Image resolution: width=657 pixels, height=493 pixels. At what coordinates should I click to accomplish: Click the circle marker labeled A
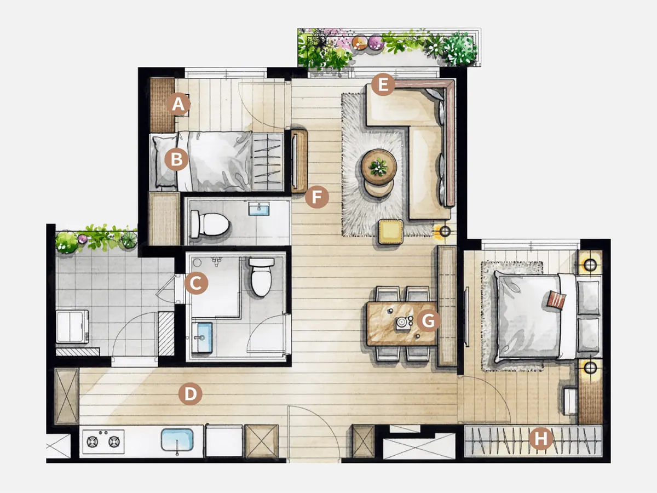coord(178,105)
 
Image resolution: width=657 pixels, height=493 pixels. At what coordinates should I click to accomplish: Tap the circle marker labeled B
coord(177,159)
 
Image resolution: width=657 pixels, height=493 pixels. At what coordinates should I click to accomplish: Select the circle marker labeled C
coord(196,283)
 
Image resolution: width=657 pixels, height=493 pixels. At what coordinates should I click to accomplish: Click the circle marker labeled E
coord(383,84)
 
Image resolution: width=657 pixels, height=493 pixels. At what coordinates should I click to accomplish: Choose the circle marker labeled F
coord(316,197)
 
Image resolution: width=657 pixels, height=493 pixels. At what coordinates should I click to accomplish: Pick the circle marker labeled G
coord(428,320)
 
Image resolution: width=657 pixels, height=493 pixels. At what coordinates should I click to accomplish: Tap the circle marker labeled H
coord(540,439)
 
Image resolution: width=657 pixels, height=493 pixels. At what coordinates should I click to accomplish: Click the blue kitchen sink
coord(177,439)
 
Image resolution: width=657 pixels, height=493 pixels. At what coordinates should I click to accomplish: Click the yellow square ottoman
coord(390,231)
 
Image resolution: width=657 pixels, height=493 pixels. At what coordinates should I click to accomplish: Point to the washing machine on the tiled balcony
coord(72,326)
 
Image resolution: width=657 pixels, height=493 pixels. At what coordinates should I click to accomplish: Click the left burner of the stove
coord(93,442)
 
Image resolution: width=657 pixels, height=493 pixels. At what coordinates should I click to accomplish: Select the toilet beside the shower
coord(261,277)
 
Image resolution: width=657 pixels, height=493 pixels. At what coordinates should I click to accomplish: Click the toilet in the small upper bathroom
coord(210,224)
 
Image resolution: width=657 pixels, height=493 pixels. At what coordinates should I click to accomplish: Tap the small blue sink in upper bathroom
coord(259,208)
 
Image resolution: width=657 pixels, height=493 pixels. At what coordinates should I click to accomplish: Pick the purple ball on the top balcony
coord(376,42)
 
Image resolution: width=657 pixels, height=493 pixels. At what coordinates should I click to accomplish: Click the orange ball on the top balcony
coord(360,43)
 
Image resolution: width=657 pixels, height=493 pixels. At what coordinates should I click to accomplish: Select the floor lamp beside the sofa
coord(445,231)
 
